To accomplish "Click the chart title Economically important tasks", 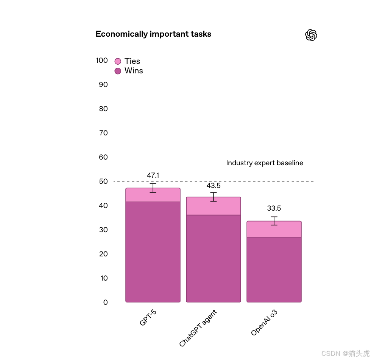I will click(x=153, y=34).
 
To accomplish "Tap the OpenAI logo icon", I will click(x=311, y=35).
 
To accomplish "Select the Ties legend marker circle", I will click(x=118, y=61).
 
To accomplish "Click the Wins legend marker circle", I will click(x=118, y=71).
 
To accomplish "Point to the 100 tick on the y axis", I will click(x=102, y=61).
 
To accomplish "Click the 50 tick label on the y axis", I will click(x=103, y=181).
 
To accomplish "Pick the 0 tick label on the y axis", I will click(x=106, y=302).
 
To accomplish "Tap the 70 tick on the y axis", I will click(x=103, y=133).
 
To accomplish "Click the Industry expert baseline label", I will click(x=265, y=163).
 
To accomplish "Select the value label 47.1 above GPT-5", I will click(x=153, y=175).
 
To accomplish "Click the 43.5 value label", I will click(x=214, y=186).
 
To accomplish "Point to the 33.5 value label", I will click(x=274, y=208).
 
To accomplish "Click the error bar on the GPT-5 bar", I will click(x=153, y=188).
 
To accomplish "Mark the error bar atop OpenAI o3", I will click(x=274, y=221).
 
